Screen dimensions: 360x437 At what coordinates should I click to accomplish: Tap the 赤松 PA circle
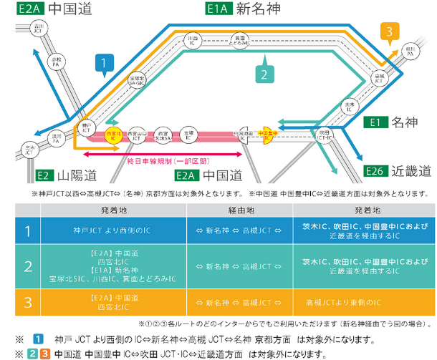pyautogui.click(x=57, y=62)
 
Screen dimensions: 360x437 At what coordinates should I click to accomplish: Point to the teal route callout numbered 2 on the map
pyautogui.click(x=264, y=74)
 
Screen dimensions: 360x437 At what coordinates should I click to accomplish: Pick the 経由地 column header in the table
pyautogui.click(x=240, y=211)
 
